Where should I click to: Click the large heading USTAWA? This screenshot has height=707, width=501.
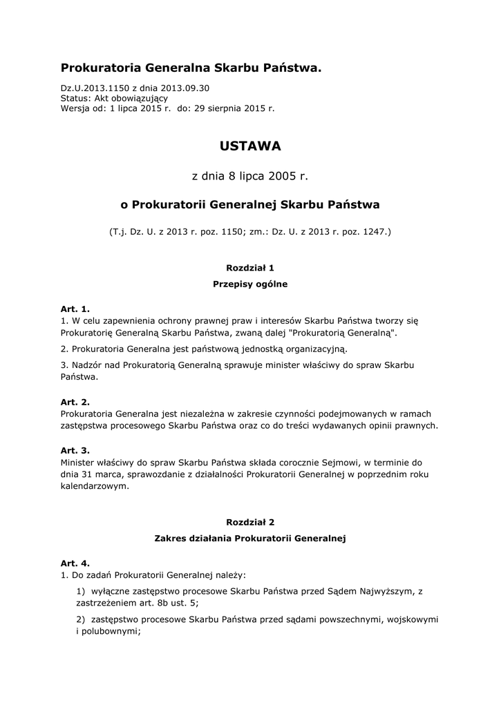coord(250,146)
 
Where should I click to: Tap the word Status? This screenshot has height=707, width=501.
coord(75,98)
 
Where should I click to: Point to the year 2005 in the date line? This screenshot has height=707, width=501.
coord(283,176)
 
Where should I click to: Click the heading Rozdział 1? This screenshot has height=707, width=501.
coord(250,267)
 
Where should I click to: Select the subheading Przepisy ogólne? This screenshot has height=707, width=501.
coord(250,284)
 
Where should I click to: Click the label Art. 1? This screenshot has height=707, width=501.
coord(75,309)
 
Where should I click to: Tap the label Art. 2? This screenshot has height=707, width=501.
coord(75,402)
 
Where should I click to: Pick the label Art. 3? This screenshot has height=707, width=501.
coord(75,450)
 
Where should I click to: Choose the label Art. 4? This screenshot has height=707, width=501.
coord(75,563)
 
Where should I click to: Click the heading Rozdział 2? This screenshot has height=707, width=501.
coord(250,523)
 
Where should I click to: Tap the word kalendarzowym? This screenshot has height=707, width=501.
coord(95,486)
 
